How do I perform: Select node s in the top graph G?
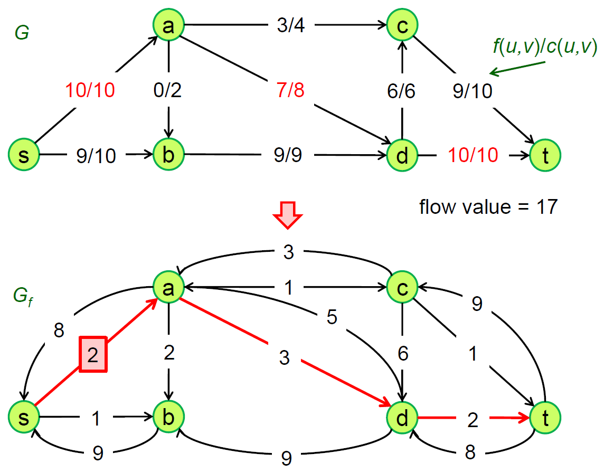(24, 155)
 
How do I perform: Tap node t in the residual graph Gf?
(546, 418)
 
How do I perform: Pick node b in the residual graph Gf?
(168, 418)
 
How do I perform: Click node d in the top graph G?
(402, 155)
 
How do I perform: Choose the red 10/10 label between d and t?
(473, 155)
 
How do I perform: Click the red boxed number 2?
(93, 355)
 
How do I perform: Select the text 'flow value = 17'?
(488, 206)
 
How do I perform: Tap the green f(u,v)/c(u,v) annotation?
(544, 48)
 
